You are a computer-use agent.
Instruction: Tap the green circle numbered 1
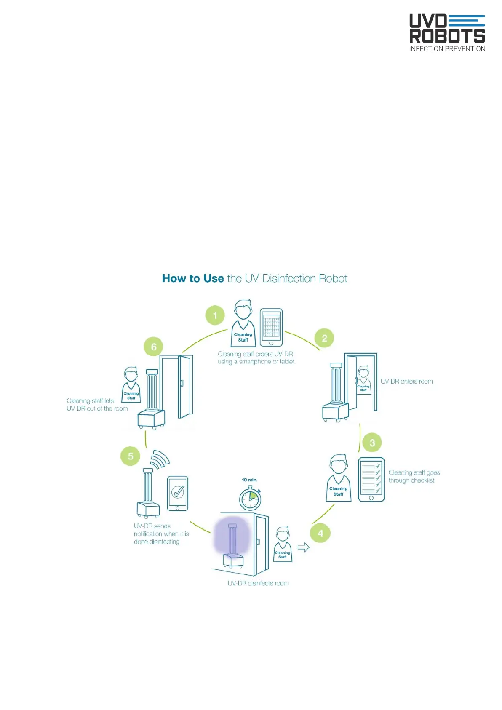click(x=215, y=315)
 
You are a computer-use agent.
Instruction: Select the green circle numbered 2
click(x=324, y=338)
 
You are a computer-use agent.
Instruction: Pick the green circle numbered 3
click(x=372, y=443)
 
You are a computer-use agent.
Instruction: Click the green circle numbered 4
click(x=320, y=533)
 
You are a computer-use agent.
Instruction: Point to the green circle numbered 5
click(x=131, y=456)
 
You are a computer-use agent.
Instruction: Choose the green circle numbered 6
click(x=154, y=347)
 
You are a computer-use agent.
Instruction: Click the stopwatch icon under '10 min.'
click(x=250, y=499)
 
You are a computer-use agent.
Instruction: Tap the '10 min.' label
click(x=249, y=480)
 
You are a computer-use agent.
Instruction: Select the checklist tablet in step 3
click(x=371, y=479)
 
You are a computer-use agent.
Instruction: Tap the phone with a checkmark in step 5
click(x=178, y=493)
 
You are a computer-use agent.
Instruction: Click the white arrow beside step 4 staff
click(x=304, y=547)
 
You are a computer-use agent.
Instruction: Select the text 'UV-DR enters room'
click(x=406, y=382)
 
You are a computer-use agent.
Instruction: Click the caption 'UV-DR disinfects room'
click(x=258, y=583)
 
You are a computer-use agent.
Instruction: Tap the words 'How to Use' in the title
click(x=193, y=278)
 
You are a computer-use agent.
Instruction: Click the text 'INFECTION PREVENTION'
click(x=447, y=49)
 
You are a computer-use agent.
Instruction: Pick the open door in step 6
click(x=184, y=387)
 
